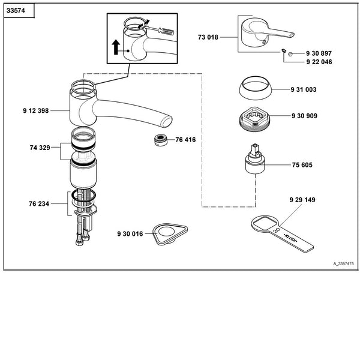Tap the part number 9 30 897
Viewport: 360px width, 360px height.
(319, 53)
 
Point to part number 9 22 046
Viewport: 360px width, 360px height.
(319, 62)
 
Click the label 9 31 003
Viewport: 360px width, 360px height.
(304, 89)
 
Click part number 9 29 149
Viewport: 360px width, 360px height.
(302, 200)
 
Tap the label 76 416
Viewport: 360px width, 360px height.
(185, 140)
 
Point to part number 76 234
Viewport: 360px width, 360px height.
(40, 203)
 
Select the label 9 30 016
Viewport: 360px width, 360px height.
(130, 233)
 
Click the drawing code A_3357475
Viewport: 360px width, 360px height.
(343, 263)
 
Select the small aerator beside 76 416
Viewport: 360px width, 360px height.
(160, 140)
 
